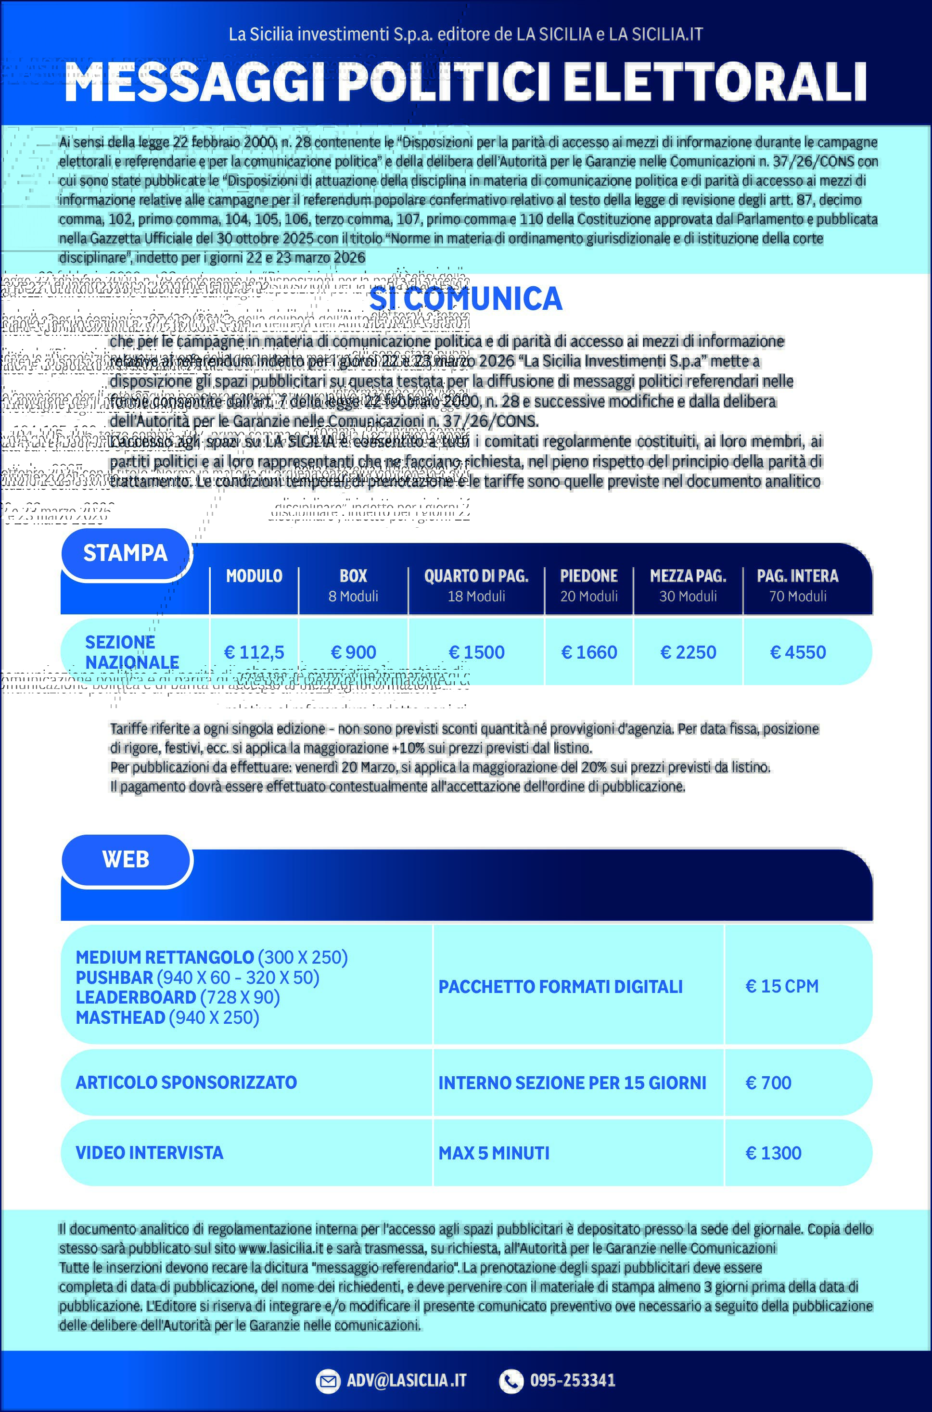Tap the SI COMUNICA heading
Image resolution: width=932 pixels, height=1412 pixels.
tap(465, 299)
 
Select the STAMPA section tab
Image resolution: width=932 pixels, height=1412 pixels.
tap(126, 553)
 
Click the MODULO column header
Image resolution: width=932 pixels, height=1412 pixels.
tap(254, 576)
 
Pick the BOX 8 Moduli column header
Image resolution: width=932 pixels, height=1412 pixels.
tap(353, 585)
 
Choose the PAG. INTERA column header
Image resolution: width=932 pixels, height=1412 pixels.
tap(797, 585)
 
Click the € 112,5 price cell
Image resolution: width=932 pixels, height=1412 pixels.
tap(254, 652)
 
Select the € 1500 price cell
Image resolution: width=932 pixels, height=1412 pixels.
tap(476, 652)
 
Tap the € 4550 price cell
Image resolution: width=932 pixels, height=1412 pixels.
tap(798, 652)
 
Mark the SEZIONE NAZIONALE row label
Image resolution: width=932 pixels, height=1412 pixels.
tap(131, 652)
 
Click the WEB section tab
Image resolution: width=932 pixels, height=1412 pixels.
tap(126, 859)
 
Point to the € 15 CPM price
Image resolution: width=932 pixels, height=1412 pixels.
tap(781, 987)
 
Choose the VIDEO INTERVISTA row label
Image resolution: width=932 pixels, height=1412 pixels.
tap(149, 1153)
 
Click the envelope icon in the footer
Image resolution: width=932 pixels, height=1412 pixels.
tap(328, 1381)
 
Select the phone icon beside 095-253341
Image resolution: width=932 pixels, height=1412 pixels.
tap(511, 1381)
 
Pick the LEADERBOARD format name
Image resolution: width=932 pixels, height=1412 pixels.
tap(136, 997)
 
